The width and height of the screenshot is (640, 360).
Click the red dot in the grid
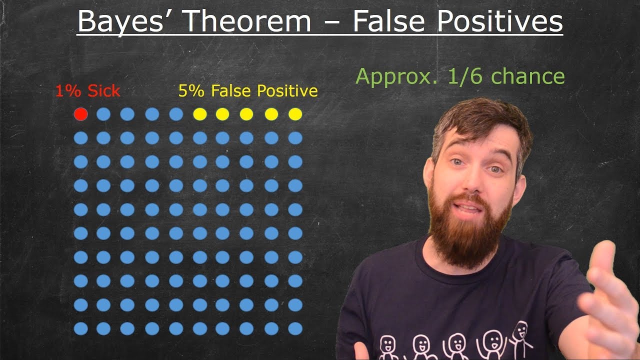point(81,114)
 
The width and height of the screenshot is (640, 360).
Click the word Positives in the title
point(500,21)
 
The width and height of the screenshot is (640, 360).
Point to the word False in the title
point(389,21)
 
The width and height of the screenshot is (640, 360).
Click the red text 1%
point(68,91)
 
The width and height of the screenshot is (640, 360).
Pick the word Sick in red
point(103,91)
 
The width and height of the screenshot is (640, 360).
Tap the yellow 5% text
point(191,91)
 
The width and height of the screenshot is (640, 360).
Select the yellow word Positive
point(287,91)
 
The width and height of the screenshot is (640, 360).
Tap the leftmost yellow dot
point(200,114)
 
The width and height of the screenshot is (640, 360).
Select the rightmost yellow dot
point(295,114)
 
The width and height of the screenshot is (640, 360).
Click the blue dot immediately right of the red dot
point(103,114)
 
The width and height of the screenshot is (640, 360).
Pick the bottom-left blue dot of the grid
point(81,328)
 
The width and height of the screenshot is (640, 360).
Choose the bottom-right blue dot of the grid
point(295,328)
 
